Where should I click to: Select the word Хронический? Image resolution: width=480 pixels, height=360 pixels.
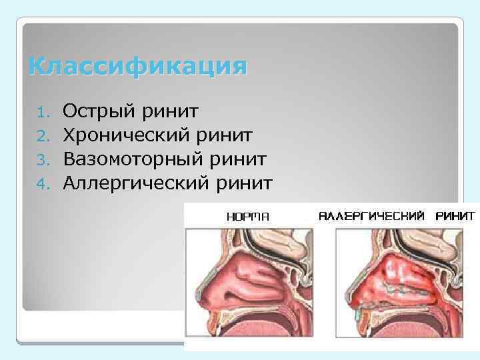125,136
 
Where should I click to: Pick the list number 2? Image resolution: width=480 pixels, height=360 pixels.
43,137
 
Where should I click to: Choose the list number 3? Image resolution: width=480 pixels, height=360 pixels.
43,159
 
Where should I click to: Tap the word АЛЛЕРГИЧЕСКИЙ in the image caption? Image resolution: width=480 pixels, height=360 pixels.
371,216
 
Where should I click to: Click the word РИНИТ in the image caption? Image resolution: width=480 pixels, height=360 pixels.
456,216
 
